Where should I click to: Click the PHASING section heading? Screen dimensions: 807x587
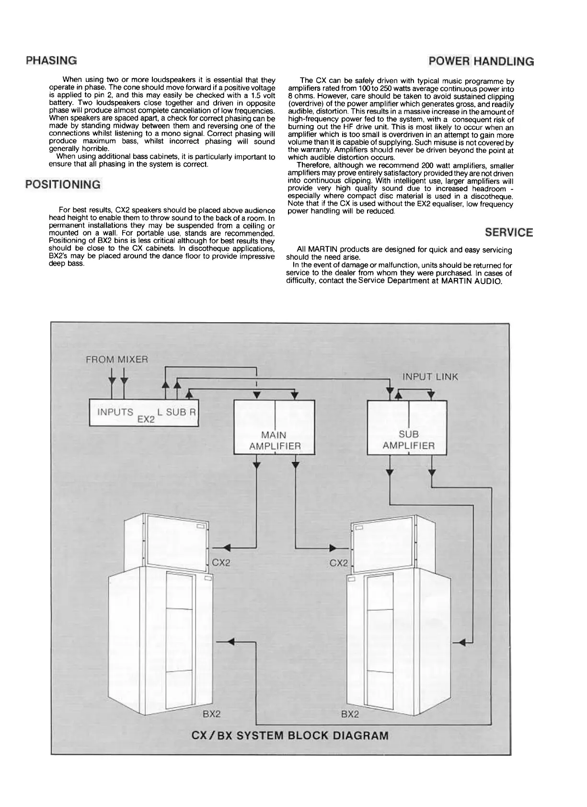click(51, 61)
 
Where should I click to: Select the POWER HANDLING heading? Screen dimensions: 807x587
click(481, 61)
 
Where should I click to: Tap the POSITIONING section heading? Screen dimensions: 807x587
click(63, 184)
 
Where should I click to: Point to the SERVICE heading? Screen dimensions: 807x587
click(508, 232)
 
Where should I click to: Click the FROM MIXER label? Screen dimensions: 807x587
click(116, 359)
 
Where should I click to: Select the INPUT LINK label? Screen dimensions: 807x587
click(430, 377)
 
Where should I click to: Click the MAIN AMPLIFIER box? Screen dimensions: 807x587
click(275, 427)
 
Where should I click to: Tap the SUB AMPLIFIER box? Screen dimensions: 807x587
click(408, 427)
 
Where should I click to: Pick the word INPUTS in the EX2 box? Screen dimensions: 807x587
click(115, 412)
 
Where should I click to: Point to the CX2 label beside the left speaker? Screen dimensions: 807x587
click(221, 563)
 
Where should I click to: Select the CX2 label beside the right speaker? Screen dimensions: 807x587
click(338, 563)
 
